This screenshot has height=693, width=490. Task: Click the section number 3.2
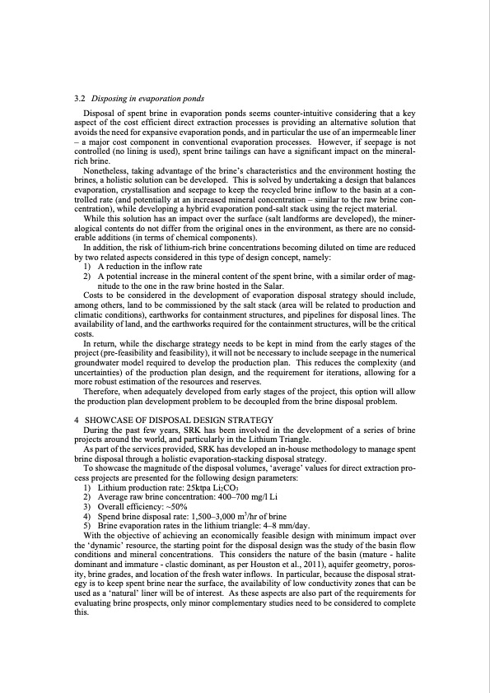tap(79, 99)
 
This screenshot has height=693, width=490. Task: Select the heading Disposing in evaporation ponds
tap(147, 99)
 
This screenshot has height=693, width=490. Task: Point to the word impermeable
tap(375, 131)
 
